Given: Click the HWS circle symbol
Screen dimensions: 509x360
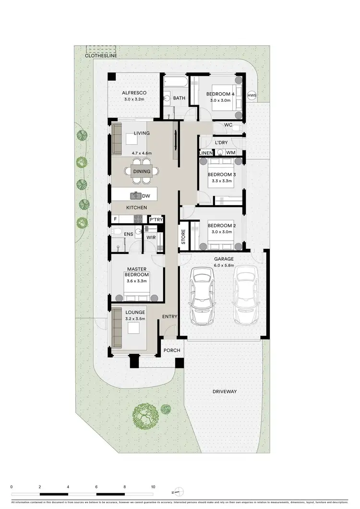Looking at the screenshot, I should tap(252, 96).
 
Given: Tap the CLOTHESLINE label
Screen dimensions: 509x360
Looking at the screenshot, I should tap(100, 56).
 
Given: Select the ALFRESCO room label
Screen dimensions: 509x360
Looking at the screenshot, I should tap(134, 93).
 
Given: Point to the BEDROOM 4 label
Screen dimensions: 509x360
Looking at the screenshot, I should tap(221, 94).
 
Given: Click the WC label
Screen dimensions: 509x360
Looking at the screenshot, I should tap(228, 125).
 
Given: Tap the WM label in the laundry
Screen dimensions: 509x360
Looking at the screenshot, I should tap(230, 153).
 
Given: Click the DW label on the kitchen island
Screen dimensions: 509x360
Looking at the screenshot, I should tap(145, 196).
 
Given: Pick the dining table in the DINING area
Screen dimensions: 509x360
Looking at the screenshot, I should tap(142, 171).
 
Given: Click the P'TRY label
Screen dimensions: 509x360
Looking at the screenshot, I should tap(156, 219).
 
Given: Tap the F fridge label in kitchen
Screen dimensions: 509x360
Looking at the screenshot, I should tap(115, 219).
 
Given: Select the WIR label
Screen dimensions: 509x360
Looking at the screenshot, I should tap(151, 237).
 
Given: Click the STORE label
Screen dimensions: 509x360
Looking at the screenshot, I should tap(183, 237).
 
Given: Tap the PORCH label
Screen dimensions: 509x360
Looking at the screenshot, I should tap(171, 351).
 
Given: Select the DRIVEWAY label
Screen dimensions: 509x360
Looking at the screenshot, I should tap(225, 392).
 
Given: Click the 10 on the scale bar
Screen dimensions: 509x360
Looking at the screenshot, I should tap(153, 486).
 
